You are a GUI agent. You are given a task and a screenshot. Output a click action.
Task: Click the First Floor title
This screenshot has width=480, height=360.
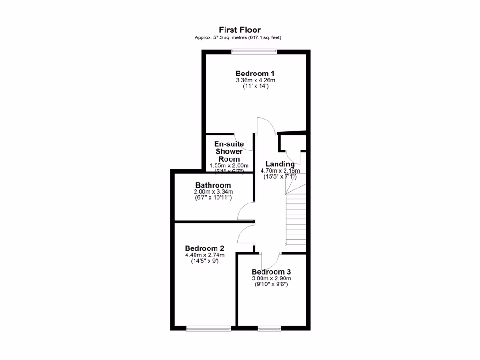pyautogui.click(x=240, y=30)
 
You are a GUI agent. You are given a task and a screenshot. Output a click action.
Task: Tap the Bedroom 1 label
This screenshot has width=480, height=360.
pyautogui.click(x=255, y=74)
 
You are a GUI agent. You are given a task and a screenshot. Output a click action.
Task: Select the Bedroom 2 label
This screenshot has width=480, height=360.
pyautogui.click(x=204, y=248)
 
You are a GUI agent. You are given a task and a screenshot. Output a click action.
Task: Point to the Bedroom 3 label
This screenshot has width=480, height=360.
pyautogui.click(x=271, y=272)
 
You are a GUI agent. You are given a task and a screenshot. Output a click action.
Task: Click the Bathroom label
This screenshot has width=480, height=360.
pyautogui.click(x=213, y=185)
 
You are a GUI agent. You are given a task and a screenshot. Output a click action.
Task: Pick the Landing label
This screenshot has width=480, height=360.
pyautogui.click(x=280, y=164)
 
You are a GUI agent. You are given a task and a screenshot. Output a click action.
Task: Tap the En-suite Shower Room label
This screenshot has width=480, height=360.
pyautogui.click(x=229, y=151)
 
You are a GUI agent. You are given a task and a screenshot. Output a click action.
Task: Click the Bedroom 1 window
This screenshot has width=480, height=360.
pyautogui.click(x=254, y=51)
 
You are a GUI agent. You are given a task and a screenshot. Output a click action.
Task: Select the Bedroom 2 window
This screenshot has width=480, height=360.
pyautogui.click(x=209, y=329)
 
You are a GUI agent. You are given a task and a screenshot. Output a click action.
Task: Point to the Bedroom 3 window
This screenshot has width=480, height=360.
pyautogui.click(x=270, y=329)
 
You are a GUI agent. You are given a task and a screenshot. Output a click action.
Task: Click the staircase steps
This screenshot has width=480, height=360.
pyautogui.click(x=295, y=220)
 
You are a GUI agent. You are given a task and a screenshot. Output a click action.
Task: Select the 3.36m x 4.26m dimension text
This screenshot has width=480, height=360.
pyautogui.click(x=255, y=80)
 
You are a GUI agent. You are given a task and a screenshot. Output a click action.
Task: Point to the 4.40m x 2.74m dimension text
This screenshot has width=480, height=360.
pyautogui.click(x=204, y=255)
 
